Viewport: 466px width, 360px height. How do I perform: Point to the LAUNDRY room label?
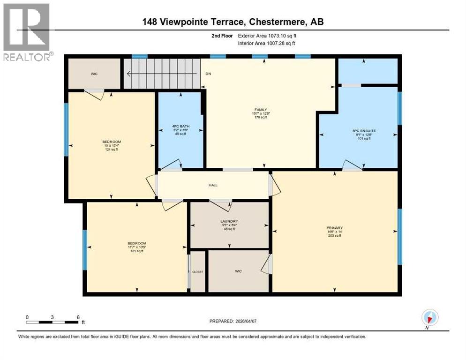[229, 221]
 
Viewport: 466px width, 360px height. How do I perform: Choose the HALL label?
[213, 185]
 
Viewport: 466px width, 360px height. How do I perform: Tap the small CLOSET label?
[197, 272]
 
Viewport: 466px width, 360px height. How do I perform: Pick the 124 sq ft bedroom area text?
[112, 150]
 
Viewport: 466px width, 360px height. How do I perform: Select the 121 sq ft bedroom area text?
[136, 251]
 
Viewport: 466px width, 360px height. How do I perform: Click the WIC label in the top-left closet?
[94, 74]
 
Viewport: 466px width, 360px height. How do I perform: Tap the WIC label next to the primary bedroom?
[239, 270]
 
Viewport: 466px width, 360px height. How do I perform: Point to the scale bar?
[53, 322]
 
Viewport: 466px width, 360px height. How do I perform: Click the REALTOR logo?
[27, 32]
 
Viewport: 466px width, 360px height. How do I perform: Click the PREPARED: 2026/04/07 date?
[233, 321]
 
